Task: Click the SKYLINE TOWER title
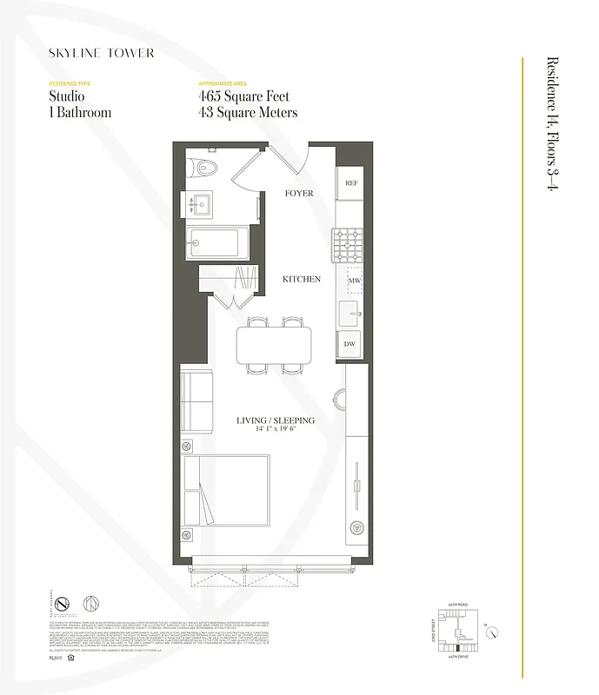[102, 53]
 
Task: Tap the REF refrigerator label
[351, 183]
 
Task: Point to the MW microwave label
[354, 281]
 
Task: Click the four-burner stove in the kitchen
[349, 243]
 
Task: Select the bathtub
[217, 243]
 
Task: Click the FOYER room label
[299, 193]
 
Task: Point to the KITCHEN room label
[301, 280]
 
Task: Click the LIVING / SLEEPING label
[276, 420]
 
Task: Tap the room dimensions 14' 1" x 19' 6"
[276, 430]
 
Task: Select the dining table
[272, 346]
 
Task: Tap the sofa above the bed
[196, 403]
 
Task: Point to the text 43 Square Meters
[248, 112]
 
